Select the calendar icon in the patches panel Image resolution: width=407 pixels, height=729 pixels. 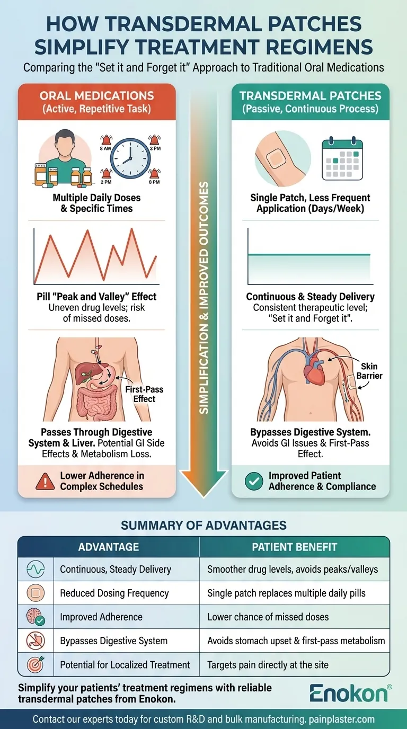click(x=342, y=158)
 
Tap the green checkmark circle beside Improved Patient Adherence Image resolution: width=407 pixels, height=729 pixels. click(x=254, y=481)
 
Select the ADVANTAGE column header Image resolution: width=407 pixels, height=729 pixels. click(x=108, y=547)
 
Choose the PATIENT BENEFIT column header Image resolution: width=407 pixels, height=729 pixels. click(x=294, y=547)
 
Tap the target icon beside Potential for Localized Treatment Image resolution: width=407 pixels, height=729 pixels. click(x=36, y=664)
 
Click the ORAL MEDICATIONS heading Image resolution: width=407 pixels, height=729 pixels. click(x=97, y=96)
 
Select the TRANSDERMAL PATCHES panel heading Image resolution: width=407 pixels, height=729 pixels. click(x=311, y=96)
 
